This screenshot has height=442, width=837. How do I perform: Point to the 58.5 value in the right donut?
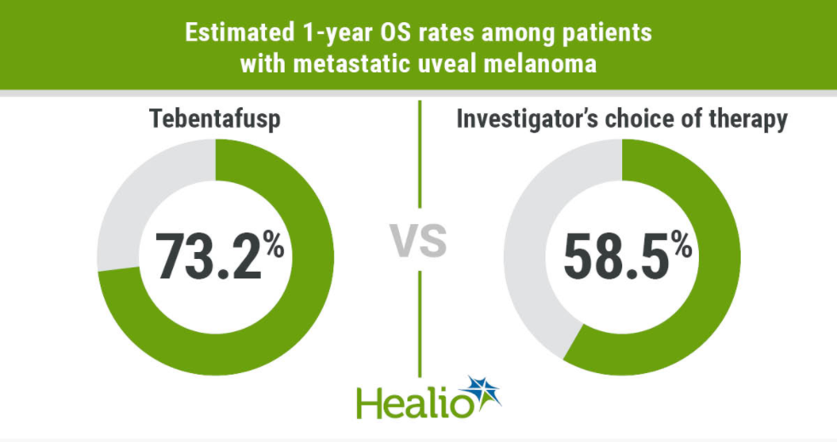(613, 255)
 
